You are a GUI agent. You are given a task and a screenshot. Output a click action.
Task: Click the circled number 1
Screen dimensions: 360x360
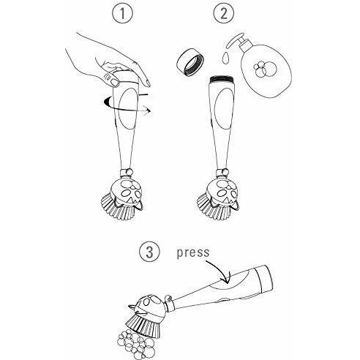[x=122, y=13]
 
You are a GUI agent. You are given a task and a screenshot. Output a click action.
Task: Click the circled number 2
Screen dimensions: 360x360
[x=224, y=13]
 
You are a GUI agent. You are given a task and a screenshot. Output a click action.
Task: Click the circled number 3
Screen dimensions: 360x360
[x=149, y=252]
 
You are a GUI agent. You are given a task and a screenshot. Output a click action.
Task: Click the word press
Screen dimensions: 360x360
[x=193, y=253]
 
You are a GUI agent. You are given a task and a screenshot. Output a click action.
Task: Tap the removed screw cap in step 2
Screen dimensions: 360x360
[x=190, y=61]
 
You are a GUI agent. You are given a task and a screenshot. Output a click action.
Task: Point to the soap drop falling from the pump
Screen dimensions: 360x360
[x=226, y=58]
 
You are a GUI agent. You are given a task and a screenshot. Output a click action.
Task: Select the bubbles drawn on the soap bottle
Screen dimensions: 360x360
[x=265, y=68]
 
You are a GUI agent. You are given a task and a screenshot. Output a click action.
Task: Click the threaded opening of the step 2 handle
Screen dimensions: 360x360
[x=222, y=80]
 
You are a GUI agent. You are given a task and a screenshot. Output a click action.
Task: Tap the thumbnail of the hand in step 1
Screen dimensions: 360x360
[x=113, y=82]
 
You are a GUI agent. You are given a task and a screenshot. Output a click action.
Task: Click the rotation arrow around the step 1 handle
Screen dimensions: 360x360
[x=127, y=104]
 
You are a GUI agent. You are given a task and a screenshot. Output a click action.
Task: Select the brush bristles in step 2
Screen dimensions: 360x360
[x=213, y=207]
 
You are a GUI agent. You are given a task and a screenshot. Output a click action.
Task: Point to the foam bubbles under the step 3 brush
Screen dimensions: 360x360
[x=136, y=344]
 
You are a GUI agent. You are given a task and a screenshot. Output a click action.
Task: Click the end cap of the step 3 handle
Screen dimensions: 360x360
[x=263, y=279]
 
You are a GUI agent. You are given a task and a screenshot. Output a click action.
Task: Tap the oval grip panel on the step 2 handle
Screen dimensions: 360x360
[x=223, y=108]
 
